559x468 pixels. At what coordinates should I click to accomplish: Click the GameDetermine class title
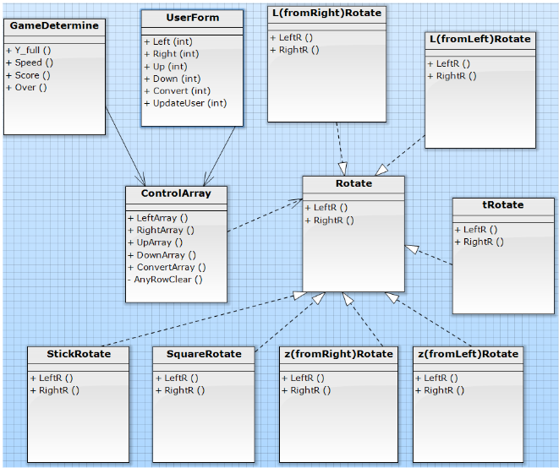point(54,26)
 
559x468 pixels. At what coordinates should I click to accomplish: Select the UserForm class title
point(192,18)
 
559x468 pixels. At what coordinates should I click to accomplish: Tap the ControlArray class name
point(176,193)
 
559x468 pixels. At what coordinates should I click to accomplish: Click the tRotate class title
point(502,205)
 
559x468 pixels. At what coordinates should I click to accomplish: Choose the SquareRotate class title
point(198,353)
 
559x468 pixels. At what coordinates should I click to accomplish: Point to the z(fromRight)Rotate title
point(337,353)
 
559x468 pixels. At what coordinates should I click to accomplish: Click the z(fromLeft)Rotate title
point(468,353)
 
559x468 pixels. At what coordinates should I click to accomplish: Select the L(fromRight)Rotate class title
point(326,13)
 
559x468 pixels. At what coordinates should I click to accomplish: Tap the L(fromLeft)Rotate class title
point(480,39)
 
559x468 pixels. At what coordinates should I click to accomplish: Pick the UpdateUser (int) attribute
point(189,103)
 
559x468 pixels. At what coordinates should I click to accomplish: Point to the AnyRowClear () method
point(167,279)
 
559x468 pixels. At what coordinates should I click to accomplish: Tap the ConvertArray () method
point(171,267)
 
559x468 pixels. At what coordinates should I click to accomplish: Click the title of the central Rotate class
point(353,183)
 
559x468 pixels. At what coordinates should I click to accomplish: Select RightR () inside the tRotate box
point(483,242)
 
